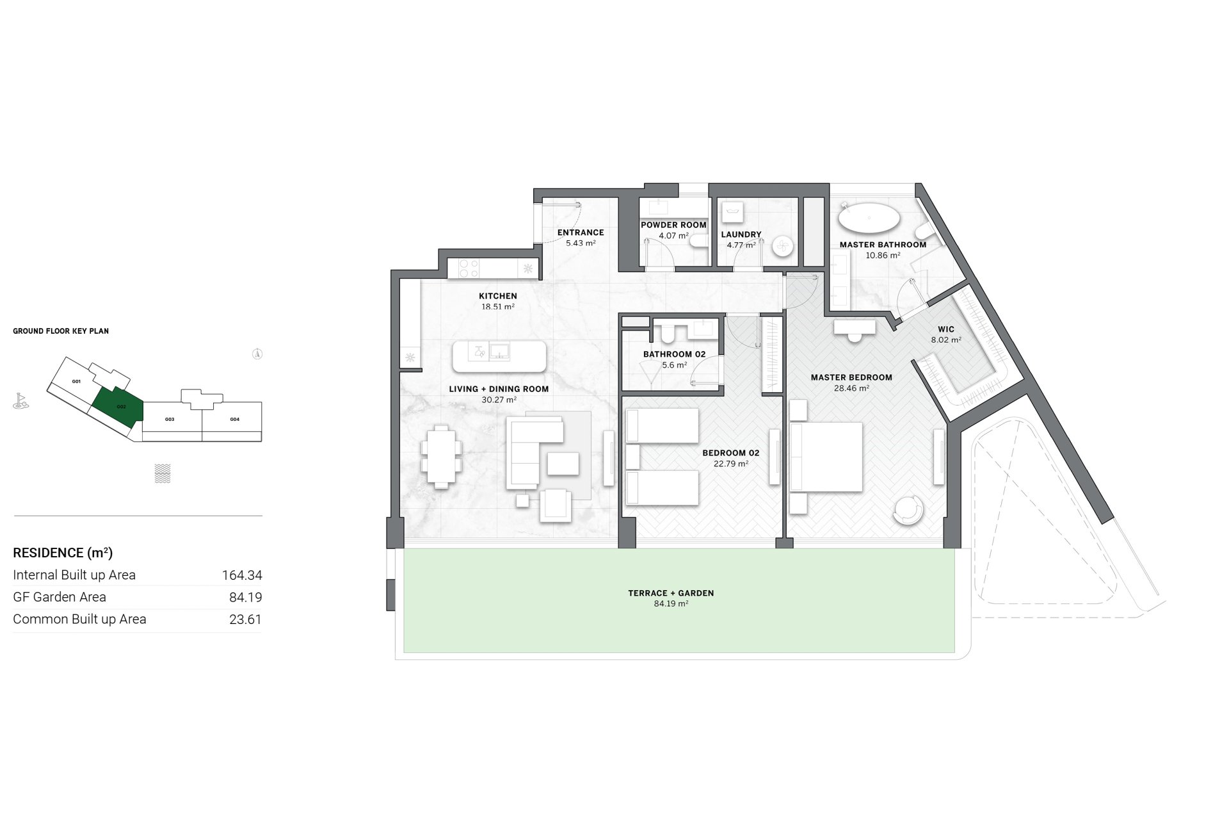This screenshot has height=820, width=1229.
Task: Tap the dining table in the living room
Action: [441, 457]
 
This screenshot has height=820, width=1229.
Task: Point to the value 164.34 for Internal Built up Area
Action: [242, 575]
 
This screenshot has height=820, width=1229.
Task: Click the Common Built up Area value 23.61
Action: [246, 619]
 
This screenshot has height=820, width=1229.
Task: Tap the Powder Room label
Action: [673, 225]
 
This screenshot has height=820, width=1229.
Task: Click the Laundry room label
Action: [741, 234]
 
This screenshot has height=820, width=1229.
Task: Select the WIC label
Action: [946, 329]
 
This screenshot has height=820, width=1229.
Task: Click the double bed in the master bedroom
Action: [826, 457]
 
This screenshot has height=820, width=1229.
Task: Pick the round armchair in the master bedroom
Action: [908, 510]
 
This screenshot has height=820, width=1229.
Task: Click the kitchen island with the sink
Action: [499, 357]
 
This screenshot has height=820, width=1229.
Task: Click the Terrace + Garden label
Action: [671, 593]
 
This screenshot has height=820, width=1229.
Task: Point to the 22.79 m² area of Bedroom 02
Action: [731, 464]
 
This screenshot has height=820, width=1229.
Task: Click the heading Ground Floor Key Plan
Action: [61, 331]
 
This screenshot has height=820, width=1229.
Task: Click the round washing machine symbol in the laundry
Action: [782, 247]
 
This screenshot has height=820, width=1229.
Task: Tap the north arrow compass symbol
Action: [257, 354]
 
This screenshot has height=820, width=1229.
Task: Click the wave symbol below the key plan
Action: [163, 473]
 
